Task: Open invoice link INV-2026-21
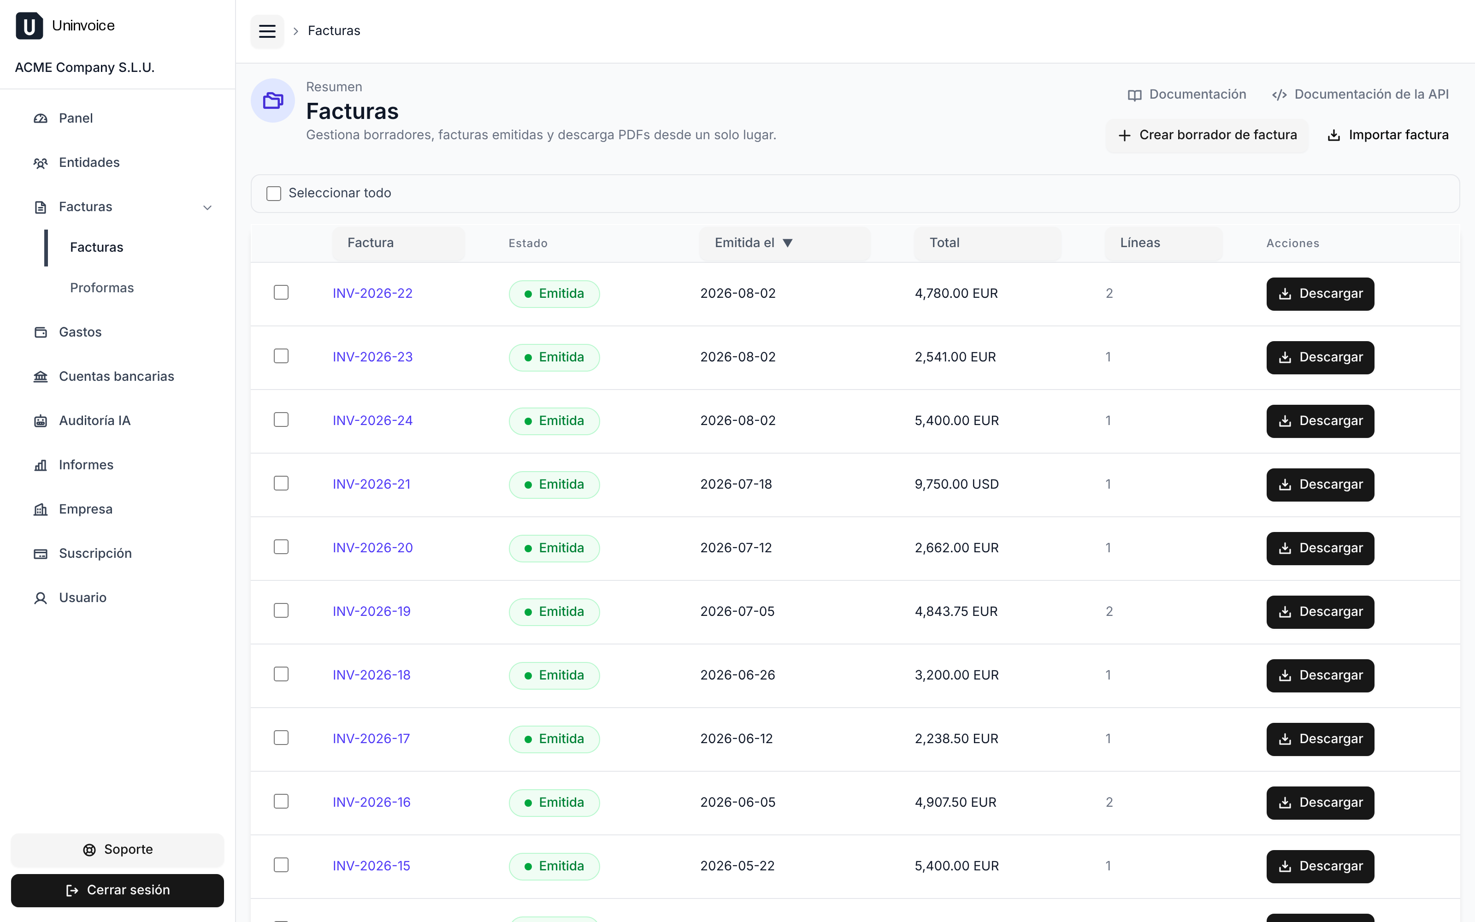click(371, 484)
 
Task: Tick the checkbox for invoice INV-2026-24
click(281, 420)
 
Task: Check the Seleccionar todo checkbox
click(274, 193)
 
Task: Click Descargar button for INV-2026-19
click(1320, 612)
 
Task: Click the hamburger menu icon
click(267, 31)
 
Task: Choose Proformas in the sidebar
click(102, 288)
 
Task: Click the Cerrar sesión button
click(118, 890)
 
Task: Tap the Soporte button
click(118, 850)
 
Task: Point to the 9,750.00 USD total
click(956, 484)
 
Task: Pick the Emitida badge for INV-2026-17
click(554, 739)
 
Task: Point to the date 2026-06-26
click(737, 675)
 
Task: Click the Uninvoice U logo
click(29, 26)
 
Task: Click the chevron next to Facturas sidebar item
click(207, 208)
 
